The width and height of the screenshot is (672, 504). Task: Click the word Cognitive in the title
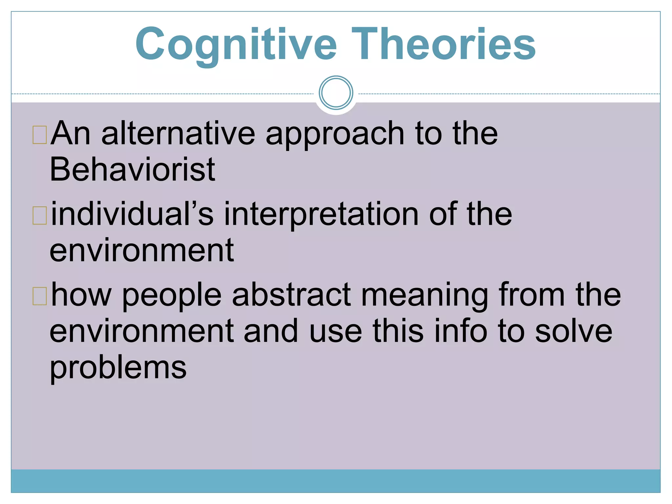236,44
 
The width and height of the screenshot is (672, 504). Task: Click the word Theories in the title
444,44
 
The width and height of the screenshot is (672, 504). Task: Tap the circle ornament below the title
336,93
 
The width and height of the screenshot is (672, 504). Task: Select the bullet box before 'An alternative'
40,135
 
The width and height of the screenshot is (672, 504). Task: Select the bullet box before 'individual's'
40,216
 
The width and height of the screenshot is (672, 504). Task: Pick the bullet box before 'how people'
40,296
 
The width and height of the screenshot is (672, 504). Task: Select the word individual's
132,214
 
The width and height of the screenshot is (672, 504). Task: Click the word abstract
291,295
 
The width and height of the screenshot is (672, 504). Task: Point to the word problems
118,368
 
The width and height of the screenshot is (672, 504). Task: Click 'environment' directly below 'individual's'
142,251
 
